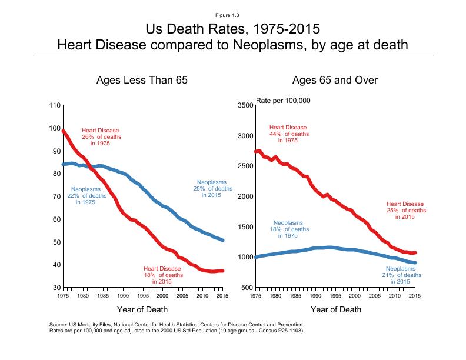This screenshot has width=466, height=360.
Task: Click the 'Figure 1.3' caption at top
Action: pos(233,14)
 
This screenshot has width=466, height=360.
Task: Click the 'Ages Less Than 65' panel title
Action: pos(142,80)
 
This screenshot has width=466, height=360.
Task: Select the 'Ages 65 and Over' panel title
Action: pos(334,80)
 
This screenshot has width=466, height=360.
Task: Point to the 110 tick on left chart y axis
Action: pos(54,105)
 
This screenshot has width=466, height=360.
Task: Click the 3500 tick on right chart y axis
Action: pos(245,105)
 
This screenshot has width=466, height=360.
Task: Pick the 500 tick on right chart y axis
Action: pos(247,288)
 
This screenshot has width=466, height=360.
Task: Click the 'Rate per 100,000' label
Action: pos(283,101)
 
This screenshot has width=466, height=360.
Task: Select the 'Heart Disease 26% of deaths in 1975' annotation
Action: pos(101,136)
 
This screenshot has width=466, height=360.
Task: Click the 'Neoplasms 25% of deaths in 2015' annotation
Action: pos(214,188)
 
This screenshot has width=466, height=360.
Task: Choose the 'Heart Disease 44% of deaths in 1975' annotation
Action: pos(288,134)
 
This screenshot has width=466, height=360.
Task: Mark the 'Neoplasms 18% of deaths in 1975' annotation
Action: pos(288,229)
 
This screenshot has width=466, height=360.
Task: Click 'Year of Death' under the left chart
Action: pos(143,309)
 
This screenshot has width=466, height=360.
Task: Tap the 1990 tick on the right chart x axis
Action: pos(315,296)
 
